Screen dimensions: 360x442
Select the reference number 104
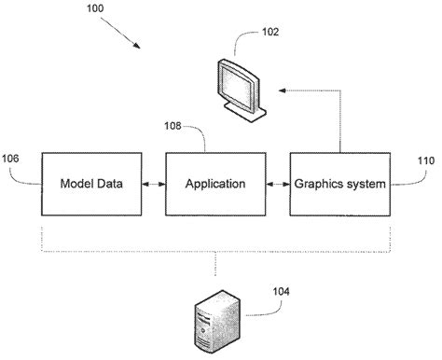tap(280, 291)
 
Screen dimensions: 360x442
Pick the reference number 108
tap(173, 123)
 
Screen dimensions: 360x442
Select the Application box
tap(215, 184)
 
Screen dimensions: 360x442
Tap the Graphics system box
tap(338, 184)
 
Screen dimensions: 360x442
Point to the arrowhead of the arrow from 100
tap(143, 47)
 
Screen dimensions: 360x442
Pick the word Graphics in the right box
tap(318, 184)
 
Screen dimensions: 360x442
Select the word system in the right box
tap(364, 184)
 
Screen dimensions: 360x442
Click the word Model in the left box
tap(77, 184)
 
